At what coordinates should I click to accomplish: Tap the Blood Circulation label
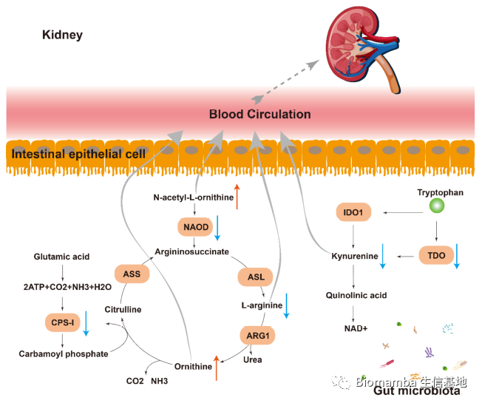[259, 115]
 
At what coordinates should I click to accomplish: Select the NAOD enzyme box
[195, 226]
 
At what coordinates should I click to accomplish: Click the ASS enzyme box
[132, 274]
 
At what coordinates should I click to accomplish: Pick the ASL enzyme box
[256, 277]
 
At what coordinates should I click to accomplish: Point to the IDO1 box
[353, 213]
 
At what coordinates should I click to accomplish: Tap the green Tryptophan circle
[436, 207]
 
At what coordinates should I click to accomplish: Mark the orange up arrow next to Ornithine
[216, 367]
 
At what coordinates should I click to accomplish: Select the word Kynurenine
[354, 257]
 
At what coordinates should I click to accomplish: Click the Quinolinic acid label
[356, 296]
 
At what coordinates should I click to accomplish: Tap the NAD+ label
[356, 328]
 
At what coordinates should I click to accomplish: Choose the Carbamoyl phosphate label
[64, 354]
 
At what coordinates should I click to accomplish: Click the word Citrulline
[123, 309]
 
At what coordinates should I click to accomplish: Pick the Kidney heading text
[62, 35]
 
